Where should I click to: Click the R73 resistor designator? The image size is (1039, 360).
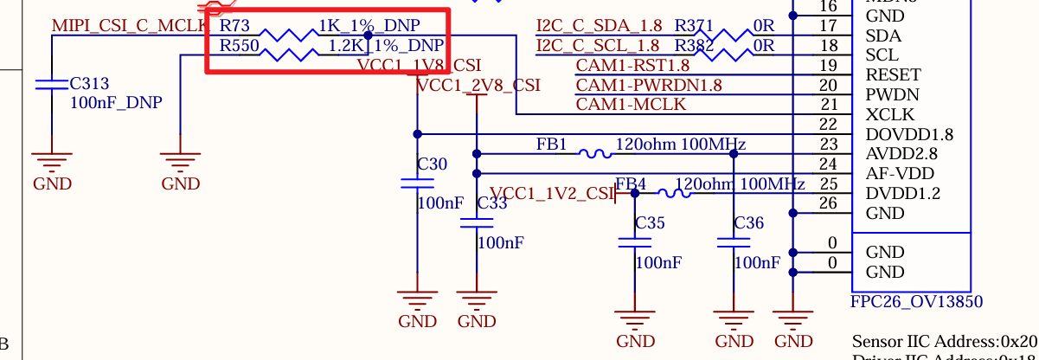(235, 26)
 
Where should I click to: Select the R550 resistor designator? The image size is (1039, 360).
(240, 46)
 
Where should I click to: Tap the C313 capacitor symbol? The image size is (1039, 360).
(51, 84)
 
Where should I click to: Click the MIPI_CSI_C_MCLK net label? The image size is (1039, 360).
(130, 25)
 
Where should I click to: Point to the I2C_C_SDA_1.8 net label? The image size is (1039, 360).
(598, 26)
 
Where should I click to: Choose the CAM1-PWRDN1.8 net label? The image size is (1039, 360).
(649, 85)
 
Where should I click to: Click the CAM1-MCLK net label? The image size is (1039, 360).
(631, 105)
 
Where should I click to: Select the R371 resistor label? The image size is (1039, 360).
(694, 26)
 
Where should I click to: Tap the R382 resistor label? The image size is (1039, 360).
(694, 46)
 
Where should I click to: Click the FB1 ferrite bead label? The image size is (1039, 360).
(551, 145)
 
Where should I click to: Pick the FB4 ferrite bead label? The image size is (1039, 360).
(631, 184)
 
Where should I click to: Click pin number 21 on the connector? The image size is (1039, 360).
(828, 105)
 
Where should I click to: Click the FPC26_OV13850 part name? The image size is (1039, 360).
(917, 302)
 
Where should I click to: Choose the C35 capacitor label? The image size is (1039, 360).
(650, 223)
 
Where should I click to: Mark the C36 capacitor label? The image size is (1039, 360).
(748, 223)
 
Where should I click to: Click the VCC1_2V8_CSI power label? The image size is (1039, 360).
(478, 86)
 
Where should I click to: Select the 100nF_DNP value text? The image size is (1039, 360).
(116, 103)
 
